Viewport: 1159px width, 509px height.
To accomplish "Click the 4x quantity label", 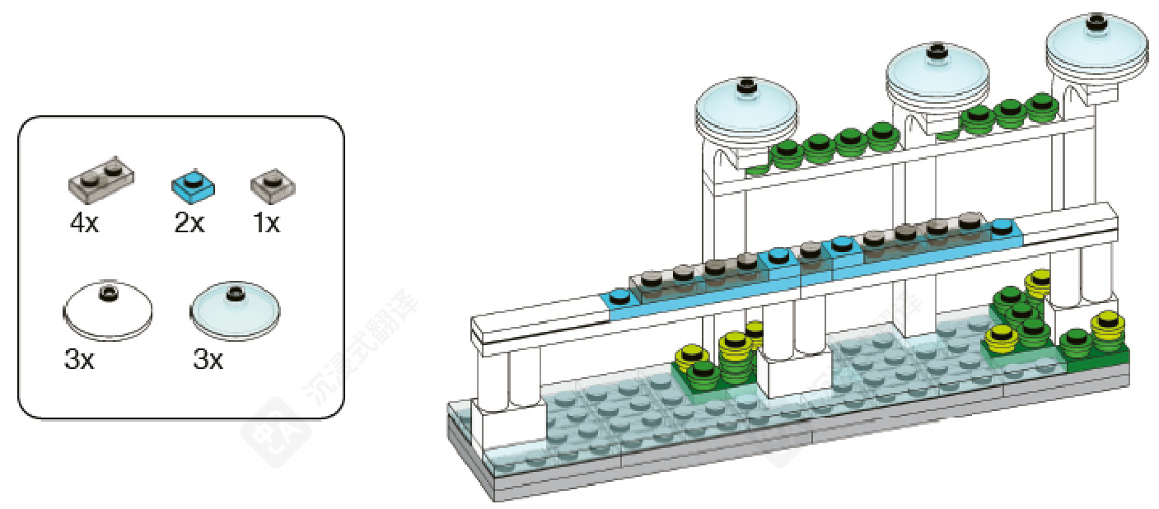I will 84,222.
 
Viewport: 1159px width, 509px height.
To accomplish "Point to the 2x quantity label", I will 189,222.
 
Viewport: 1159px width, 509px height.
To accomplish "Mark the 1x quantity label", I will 265,222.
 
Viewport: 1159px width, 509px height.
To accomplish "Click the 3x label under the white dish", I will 79,360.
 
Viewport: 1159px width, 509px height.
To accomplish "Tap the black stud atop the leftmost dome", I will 747,85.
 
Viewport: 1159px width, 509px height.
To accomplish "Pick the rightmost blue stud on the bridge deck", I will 1002,225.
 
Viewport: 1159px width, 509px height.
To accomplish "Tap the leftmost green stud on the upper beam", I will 786,150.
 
